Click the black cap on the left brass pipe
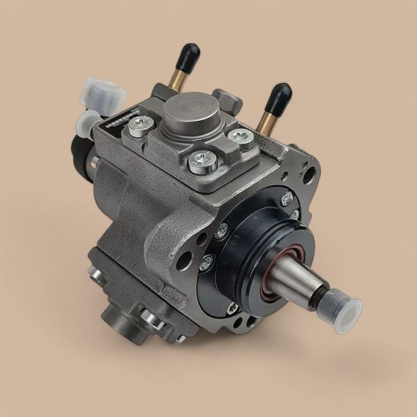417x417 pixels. tap(191, 52)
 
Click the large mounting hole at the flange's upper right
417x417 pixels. tap(309, 175)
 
